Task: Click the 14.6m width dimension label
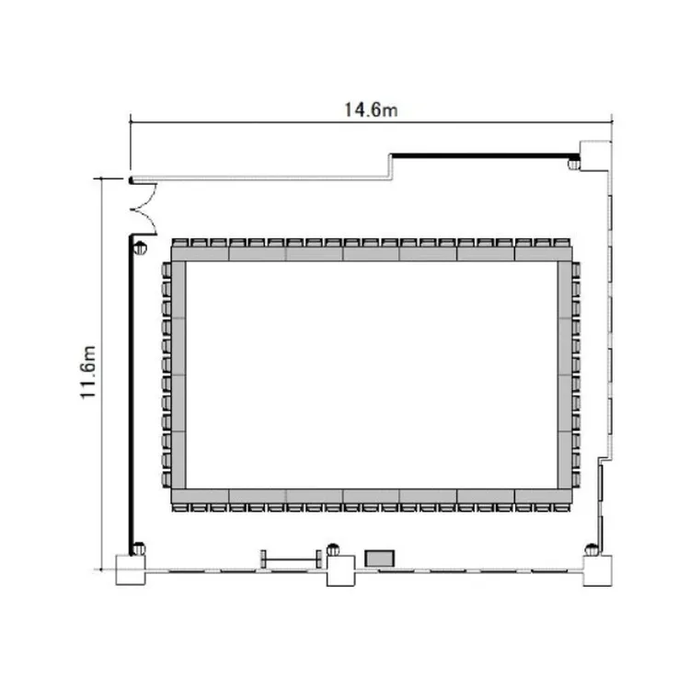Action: [371, 110]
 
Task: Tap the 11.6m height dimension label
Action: [88, 373]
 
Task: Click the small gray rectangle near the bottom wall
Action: [379, 558]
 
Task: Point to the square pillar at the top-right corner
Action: [595, 155]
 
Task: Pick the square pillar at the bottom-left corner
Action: [131, 569]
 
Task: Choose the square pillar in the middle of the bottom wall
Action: [340, 570]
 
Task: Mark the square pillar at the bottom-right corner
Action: [597, 570]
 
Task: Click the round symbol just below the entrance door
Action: [140, 248]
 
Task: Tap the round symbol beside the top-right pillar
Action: [573, 165]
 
